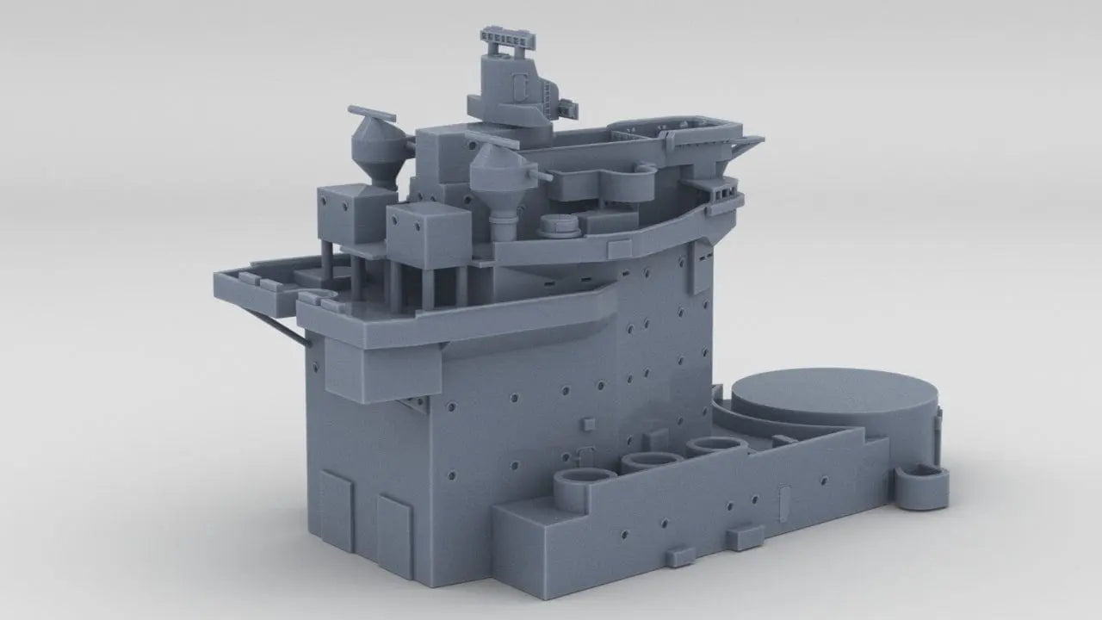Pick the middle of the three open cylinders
tap(652, 463)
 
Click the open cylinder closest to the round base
tap(717, 446)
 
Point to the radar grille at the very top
tap(509, 40)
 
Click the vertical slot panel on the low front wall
tap(783, 500)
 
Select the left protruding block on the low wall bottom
tap(679, 555)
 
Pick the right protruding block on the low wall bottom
tap(745, 537)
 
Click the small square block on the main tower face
tap(588, 424)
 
